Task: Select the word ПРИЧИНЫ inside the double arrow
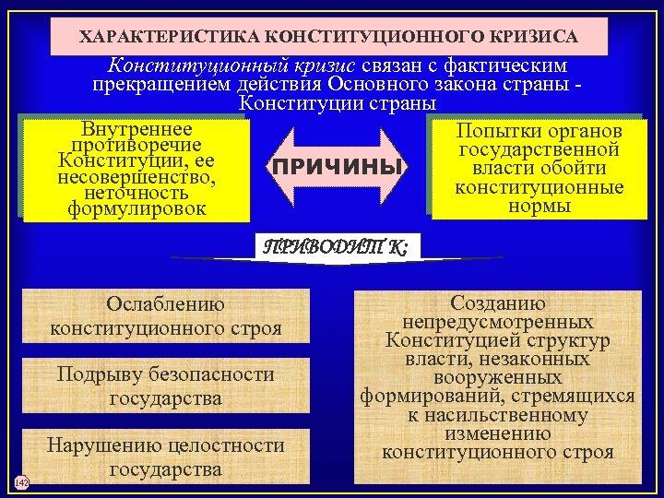[x=336, y=168]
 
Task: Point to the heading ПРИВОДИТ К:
[x=338, y=246]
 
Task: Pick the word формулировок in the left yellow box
[x=136, y=208]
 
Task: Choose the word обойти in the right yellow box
[x=575, y=169]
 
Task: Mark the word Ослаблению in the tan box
[x=165, y=304]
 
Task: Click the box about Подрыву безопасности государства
[x=166, y=386]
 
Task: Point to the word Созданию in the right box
[x=498, y=303]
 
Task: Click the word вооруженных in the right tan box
[x=498, y=378]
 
